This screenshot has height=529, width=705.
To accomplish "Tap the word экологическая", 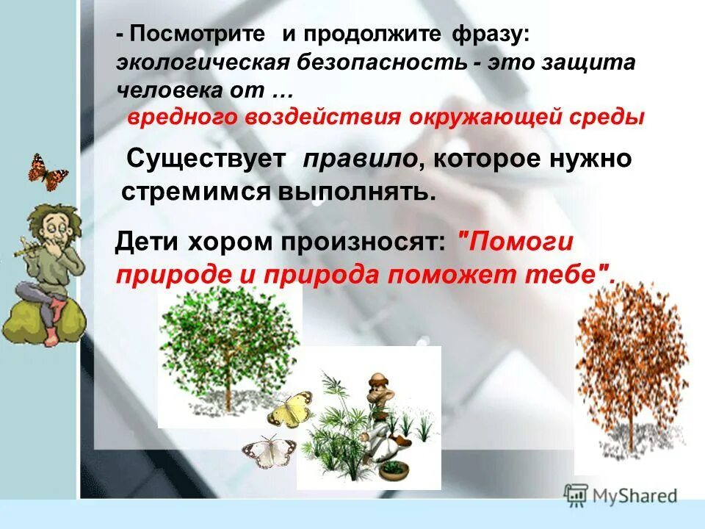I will tap(203, 62).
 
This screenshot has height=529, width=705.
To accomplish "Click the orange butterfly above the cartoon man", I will tap(48, 171).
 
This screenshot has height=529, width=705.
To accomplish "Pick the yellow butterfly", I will tap(289, 409).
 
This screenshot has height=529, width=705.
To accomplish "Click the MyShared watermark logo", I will tap(621, 494).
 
